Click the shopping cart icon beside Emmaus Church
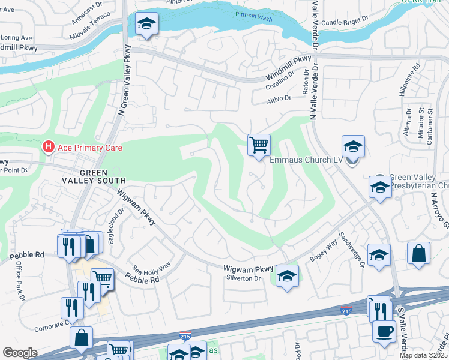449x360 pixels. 259,145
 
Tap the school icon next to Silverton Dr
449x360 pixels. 287,276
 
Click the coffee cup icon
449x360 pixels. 384,331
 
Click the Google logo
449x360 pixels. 20,353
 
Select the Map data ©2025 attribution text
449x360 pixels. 423,355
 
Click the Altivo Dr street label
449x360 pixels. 279,98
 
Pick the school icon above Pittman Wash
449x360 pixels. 146,24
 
